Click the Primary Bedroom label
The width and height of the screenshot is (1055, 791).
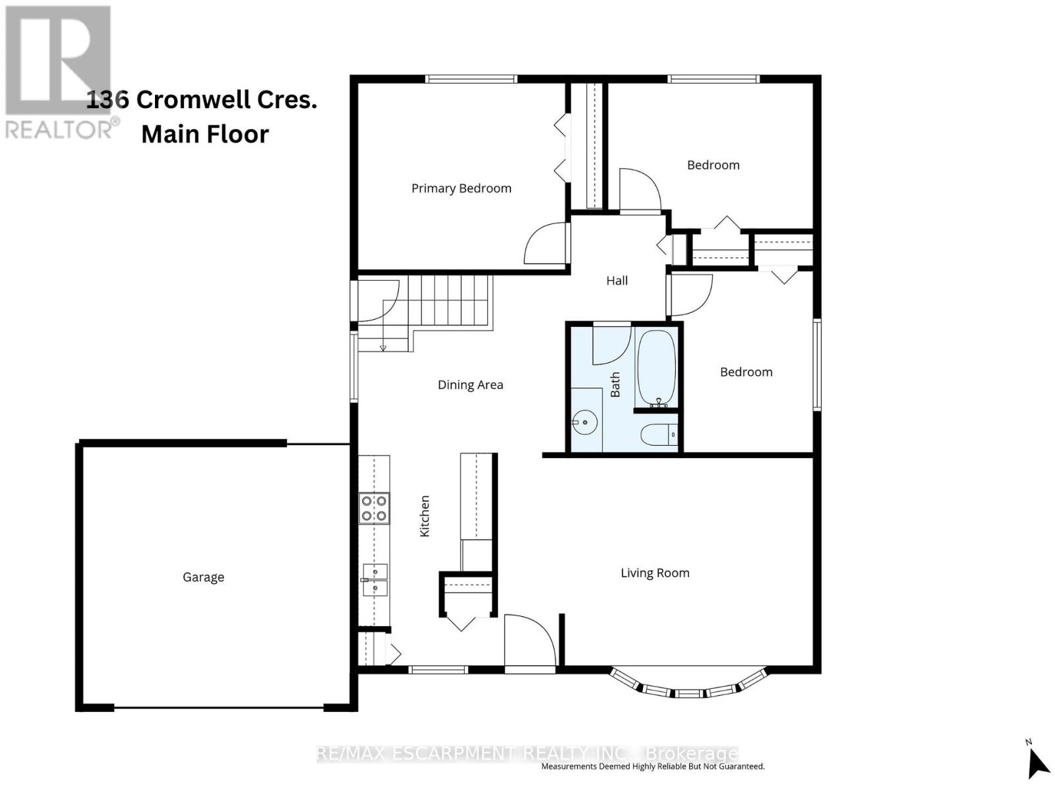click(461, 189)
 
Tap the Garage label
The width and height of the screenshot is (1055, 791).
click(203, 577)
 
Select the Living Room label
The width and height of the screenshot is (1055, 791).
click(655, 573)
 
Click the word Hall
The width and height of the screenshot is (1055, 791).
click(617, 281)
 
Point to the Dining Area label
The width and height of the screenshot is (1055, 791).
click(470, 385)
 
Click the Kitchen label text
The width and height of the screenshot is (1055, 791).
click(425, 516)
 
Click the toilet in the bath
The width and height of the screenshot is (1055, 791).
click(659, 435)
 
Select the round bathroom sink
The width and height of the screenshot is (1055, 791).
click(584, 421)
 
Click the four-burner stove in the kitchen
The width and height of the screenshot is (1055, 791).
click(374, 509)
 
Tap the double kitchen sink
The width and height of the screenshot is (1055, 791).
click(375, 579)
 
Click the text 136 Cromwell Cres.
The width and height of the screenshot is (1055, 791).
click(202, 100)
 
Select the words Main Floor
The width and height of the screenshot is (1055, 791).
click(205, 134)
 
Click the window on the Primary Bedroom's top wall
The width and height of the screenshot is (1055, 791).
click(471, 79)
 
